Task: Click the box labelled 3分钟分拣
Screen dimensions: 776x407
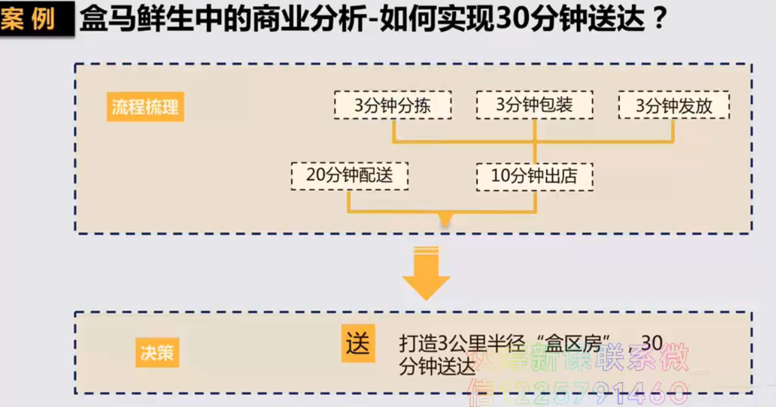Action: [x=393, y=106]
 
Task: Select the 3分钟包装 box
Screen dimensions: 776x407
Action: [x=534, y=106]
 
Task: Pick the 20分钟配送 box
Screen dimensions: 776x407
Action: [x=349, y=176]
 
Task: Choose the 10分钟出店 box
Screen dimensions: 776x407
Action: [x=534, y=176]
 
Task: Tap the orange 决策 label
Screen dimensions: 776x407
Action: [x=157, y=353]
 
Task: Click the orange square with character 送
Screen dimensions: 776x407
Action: [x=358, y=344]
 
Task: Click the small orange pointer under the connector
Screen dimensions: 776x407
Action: [x=445, y=220]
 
